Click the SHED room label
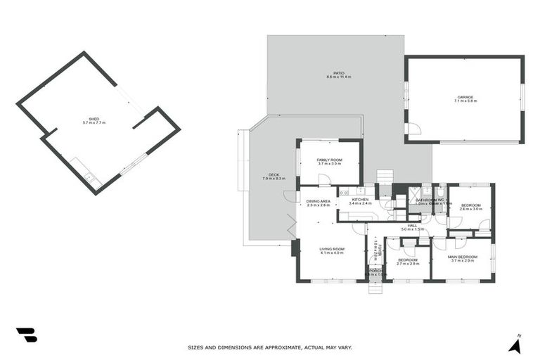point(94,119)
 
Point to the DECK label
point(274,175)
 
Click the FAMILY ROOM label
point(329,160)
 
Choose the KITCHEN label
point(360,199)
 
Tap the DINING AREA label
point(318,201)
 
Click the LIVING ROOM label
point(332,248)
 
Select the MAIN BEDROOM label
point(463,257)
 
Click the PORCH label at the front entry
point(374,270)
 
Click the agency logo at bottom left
point(26,335)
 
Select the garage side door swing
point(414,129)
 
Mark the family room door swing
point(323,180)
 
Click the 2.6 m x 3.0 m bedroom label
point(470,205)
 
